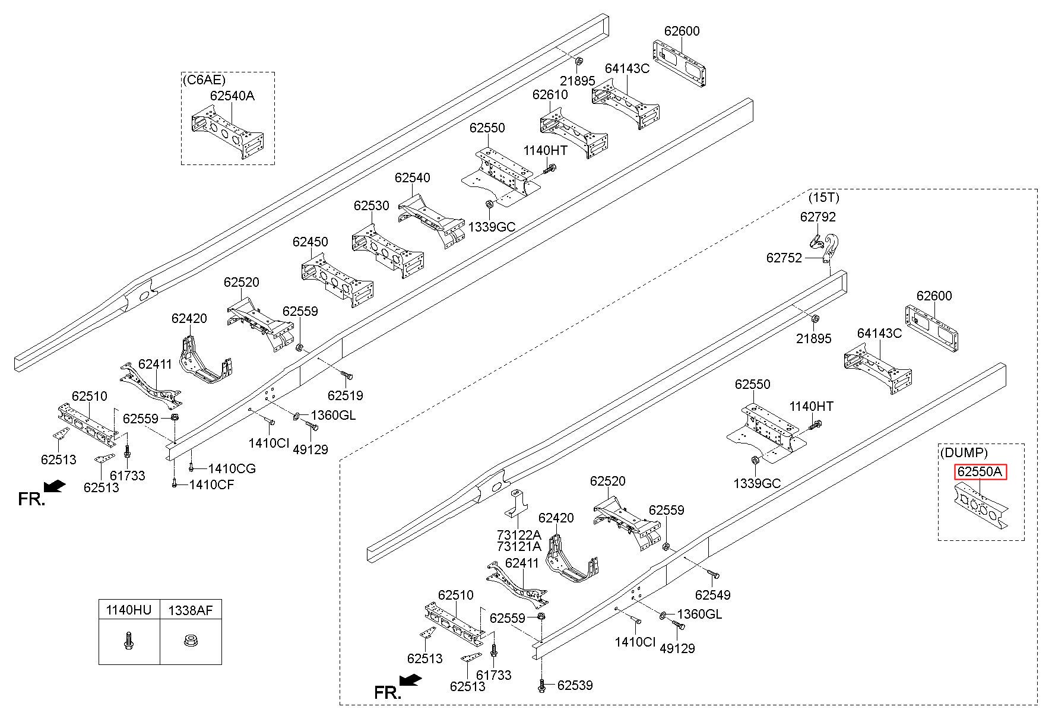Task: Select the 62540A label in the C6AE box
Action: pyautogui.click(x=232, y=96)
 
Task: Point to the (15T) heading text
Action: pyautogui.click(x=824, y=197)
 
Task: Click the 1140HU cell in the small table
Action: pyautogui.click(x=129, y=610)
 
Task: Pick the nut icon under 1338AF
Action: pyautogui.click(x=191, y=641)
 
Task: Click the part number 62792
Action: pyautogui.click(x=817, y=217)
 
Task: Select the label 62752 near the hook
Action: pyautogui.click(x=784, y=258)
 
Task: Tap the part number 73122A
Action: pyautogui.click(x=519, y=534)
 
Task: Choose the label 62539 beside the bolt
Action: pyautogui.click(x=575, y=686)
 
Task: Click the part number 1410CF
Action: pyautogui.click(x=211, y=485)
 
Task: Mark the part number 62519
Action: pyautogui.click(x=345, y=395)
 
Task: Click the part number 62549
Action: pyautogui.click(x=712, y=594)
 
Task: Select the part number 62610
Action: pyautogui.click(x=550, y=94)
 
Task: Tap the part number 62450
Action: pyautogui.click(x=310, y=242)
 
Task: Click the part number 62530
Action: pyautogui.click(x=371, y=205)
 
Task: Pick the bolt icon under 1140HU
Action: pyautogui.click(x=128, y=641)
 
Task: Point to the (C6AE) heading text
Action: pyautogui.click(x=204, y=80)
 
